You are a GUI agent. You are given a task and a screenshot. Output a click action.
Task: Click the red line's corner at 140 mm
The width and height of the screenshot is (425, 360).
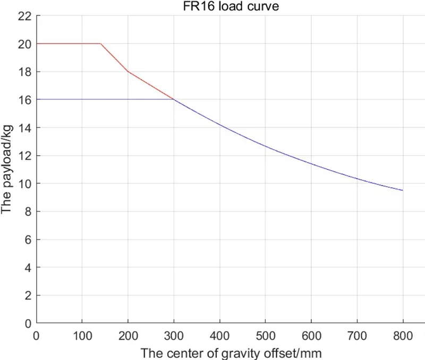coord(100,44)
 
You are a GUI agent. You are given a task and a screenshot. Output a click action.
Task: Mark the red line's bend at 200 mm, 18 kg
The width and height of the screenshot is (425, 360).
coord(128,71)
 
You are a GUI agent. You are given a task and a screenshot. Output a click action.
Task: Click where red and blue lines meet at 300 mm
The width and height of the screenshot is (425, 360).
coord(174,99)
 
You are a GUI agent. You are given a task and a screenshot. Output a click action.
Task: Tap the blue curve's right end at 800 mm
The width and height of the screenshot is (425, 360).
coord(403,190)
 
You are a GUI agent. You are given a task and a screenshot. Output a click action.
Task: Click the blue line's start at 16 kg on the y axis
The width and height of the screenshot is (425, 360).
coord(37,99)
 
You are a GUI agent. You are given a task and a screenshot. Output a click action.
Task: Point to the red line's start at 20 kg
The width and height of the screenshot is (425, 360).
coord(37,44)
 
